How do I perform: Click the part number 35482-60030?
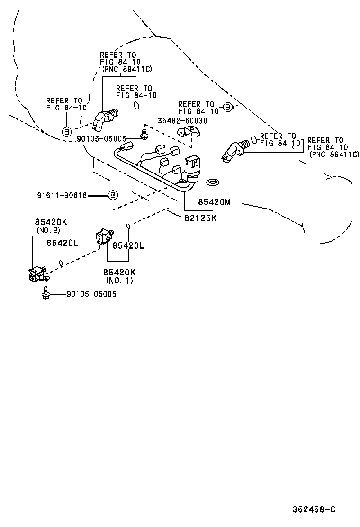[183, 121]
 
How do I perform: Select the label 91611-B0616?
[62, 195]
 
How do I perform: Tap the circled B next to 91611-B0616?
[113, 195]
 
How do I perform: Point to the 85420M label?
[214, 202]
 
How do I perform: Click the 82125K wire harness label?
[200, 218]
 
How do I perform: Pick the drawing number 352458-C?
[314, 509]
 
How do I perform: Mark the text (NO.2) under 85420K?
[48, 230]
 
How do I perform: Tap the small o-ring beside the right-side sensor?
[254, 140]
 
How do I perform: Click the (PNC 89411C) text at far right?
[334, 154]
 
